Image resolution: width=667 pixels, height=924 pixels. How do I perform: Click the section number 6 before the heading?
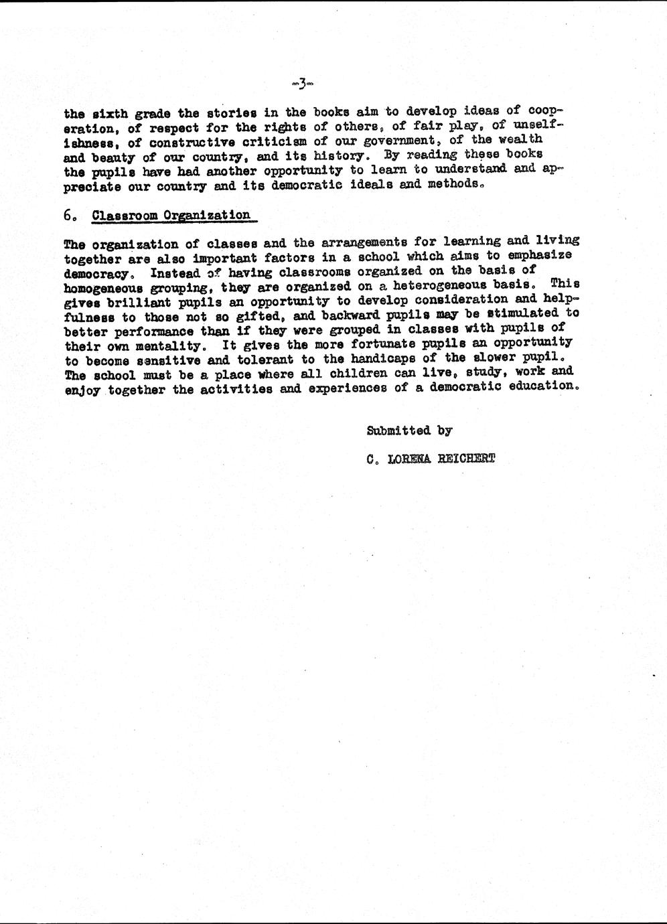(68, 216)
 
